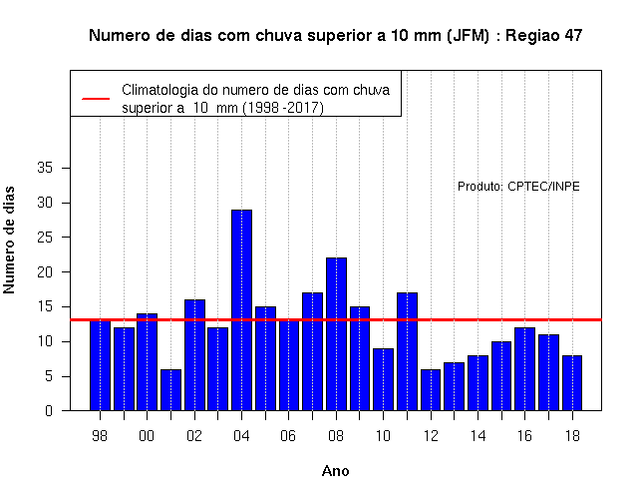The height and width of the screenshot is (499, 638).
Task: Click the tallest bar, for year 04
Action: click(x=241, y=310)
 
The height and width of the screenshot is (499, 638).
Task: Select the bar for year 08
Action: click(x=337, y=334)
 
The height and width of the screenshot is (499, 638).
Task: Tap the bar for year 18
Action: click(x=572, y=383)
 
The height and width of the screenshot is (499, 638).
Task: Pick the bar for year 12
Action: click(x=431, y=390)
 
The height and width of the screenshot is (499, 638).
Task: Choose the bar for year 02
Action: click(x=195, y=355)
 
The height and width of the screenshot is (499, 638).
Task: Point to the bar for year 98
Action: click(x=100, y=365)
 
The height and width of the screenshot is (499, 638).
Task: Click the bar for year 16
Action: click(x=525, y=369)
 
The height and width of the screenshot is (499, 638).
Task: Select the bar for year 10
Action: click(x=383, y=379)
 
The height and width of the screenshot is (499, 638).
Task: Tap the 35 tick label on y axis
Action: click(x=45, y=168)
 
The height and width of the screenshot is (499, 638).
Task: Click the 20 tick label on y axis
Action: click(x=45, y=271)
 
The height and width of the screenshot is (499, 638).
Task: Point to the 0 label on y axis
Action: click(x=49, y=410)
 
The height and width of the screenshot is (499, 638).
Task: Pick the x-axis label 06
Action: click(x=288, y=436)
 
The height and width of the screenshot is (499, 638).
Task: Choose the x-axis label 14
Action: click(x=478, y=436)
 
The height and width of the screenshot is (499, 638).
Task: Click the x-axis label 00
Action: click(x=147, y=436)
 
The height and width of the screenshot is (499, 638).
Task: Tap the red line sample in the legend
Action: click(x=96, y=99)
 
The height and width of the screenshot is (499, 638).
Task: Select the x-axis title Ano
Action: click(x=336, y=471)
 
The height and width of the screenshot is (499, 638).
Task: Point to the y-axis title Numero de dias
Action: click(x=9, y=240)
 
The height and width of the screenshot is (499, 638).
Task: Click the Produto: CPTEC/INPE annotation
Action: click(x=518, y=187)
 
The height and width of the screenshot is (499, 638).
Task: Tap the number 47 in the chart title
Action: click(x=573, y=36)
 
